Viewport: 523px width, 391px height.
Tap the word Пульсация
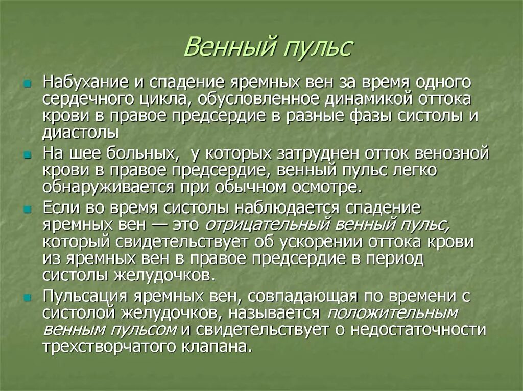point(80,296)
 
